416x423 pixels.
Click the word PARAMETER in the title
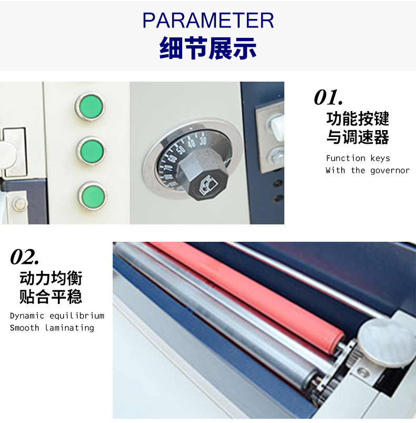click(x=208, y=20)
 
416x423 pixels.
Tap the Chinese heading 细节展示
click(x=208, y=48)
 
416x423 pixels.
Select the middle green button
click(x=92, y=151)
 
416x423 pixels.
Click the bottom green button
click(x=93, y=195)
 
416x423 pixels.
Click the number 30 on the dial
click(x=203, y=140)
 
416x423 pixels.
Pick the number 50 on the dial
click(x=181, y=150)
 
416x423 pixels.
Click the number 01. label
click(x=329, y=97)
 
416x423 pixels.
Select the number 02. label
click(x=25, y=257)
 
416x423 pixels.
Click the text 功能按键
click(x=358, y=119)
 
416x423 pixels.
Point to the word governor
click(x=390, y=171)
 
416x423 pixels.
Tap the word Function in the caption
click(x=345, y=158)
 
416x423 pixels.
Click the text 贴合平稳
click(x=51, y=297)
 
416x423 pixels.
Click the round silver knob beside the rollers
click(x=386, y=342)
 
